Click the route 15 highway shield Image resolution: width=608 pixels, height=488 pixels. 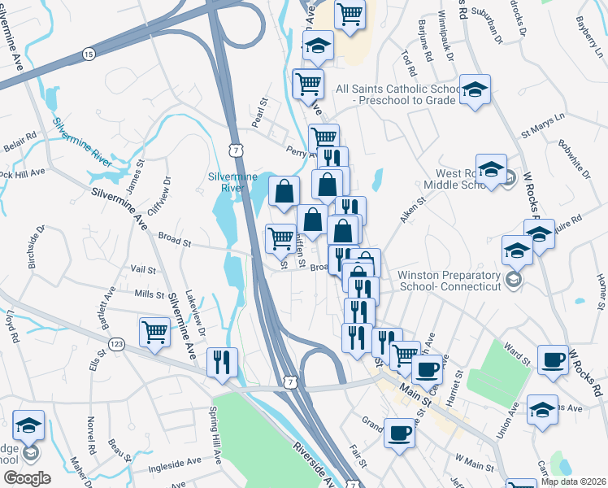tap(88, 54)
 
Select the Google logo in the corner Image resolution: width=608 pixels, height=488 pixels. tap(27, 478)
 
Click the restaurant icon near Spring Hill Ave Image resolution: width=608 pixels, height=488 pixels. tap(222, 363)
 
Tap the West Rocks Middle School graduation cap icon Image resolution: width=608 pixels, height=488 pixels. tap(491, 169)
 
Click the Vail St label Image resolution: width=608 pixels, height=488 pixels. tap(142, 268)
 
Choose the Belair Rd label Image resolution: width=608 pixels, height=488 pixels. tap(20, 137)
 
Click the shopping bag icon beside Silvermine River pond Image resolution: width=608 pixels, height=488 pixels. tap(284, 193)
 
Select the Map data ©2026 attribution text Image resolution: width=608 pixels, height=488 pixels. tap(573, 481)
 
